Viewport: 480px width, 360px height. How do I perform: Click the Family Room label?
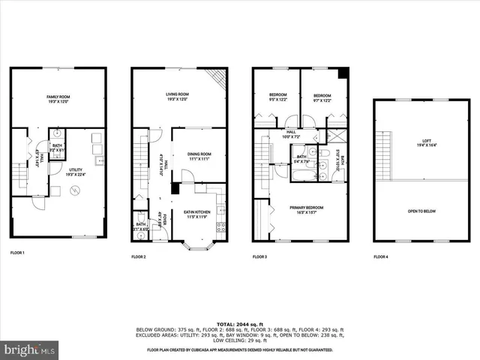pos(58,98)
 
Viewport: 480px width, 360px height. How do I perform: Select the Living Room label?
pos(176,96)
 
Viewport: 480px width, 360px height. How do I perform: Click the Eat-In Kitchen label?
pos(194,214)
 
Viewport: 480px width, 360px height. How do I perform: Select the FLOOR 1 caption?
pos(17,253)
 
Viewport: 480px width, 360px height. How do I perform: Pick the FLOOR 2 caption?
pos(139,257)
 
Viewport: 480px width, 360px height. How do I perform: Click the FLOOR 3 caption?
pos(259,257)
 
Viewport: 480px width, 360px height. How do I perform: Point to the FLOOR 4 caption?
pos(381,257)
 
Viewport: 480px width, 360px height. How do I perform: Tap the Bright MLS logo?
pos(30,349)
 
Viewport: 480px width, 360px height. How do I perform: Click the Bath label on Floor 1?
pos(57,148)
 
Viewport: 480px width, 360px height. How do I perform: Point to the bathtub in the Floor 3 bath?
pos(298,174)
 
